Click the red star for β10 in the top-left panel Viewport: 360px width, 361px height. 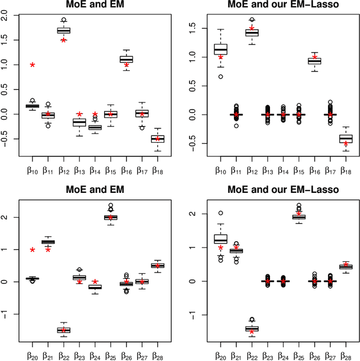[x=33, y=65]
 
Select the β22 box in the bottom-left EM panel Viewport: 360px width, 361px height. [x=64, y=330]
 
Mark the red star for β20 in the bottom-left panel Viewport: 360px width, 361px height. [x=33, y=250]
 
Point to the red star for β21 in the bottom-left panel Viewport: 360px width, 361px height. [x=48, y=250]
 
